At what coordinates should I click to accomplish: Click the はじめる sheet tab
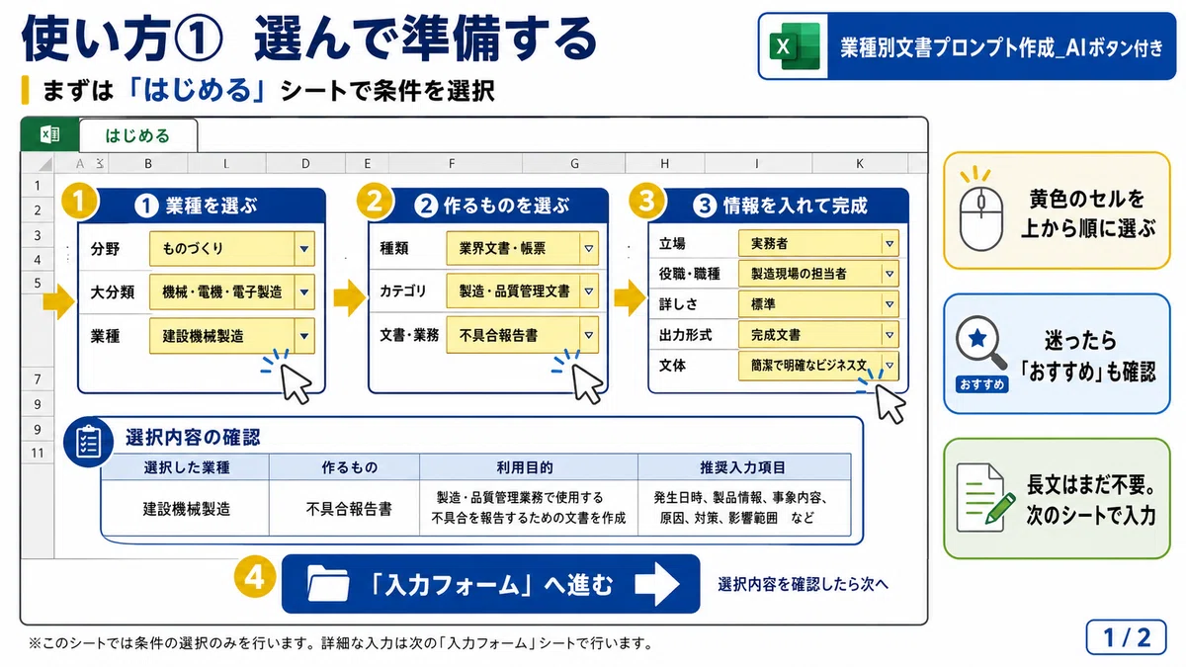point(138,135)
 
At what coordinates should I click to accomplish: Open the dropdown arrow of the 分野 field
point(304,248)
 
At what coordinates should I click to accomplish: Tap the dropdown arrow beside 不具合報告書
point(588,335)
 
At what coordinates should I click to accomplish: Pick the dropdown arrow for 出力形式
point(889,335)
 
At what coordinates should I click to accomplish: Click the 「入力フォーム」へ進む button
point(491,584)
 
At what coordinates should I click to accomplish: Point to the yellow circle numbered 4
point(255,577)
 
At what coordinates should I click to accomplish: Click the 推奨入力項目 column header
point(744,467)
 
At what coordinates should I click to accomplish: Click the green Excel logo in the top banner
point(795,46)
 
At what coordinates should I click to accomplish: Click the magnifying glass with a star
point(980,342)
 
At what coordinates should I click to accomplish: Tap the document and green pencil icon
point(984,498)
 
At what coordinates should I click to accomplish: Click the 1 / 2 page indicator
point(1126,637)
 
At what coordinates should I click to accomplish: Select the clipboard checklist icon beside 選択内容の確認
point(88,442)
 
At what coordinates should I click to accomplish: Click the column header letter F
point(452,164)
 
